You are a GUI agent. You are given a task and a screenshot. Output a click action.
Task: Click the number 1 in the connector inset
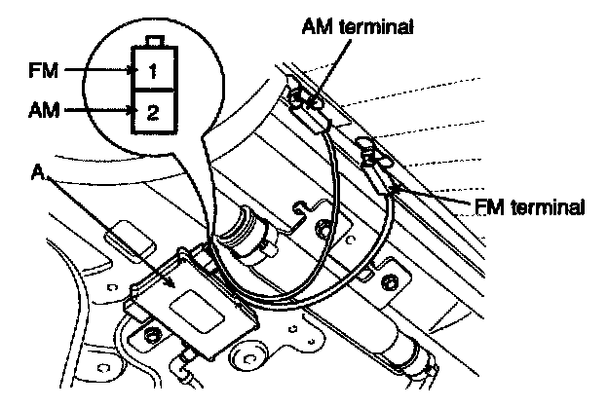pyautogui.click(x=153, y=71)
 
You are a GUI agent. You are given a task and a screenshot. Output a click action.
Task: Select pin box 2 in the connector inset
pyautogui.click(x=153, y=110)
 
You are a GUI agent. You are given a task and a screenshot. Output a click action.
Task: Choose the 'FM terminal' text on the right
pyautogui.click(x=532, y=206)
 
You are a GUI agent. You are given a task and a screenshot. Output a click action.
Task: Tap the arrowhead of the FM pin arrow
pyautogui.click(x=131, y=70)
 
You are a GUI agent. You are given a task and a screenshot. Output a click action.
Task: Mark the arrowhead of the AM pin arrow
pyautogui.click(x=131, y=111)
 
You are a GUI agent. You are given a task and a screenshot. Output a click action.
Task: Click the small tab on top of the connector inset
pyautogui.click(x=153, y=43)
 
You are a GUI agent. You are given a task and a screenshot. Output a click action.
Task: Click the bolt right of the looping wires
pyautogui.click(x=390, y=282)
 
